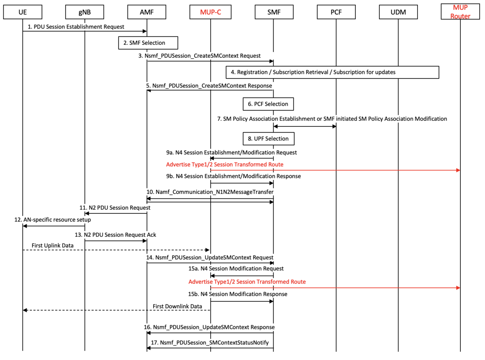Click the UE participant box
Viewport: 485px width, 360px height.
click(x=22, y=13)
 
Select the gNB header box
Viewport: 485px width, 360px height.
click(x=84, y=13)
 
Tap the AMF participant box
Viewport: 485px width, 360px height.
click(x=147, y=13)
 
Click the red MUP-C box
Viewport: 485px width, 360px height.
click(x=210, y=13)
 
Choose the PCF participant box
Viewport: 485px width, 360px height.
click(x=335, y=13)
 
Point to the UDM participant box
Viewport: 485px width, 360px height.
click(x=398, y=13)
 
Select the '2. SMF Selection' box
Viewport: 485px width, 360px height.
click(x=148, y=42)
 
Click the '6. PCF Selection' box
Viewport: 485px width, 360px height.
click(x=268, y=104)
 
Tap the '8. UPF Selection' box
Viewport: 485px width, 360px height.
click(x=268, y=139)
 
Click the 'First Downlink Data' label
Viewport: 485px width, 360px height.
click(x=177, y=306)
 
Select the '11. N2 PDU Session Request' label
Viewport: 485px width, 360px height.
click(x=115, y=207)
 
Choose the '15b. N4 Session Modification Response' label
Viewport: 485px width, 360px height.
click(x=238, y=294)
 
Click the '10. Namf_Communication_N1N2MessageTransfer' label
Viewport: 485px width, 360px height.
click(x=210, y=192)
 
